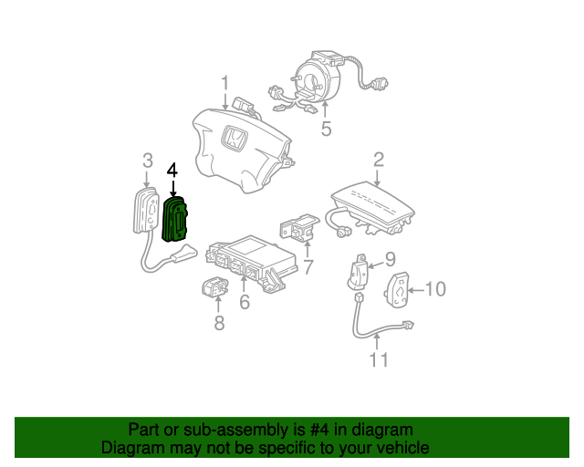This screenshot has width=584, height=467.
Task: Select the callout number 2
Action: [x=378, y=160]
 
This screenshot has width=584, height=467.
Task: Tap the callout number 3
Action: [x=147, y=161]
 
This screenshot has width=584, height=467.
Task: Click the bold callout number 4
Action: [x=172, y=170]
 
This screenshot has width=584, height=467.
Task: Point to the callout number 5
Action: [x=326, y=129]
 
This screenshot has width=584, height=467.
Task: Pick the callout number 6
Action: [x=244, y=302]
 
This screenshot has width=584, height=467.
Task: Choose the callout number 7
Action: [x=308, y=267]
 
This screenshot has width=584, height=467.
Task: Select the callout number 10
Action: [x=435, y=290]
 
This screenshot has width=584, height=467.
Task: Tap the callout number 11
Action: [x=378, y=359]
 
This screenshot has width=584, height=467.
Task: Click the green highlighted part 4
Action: [x=173, y=221]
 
